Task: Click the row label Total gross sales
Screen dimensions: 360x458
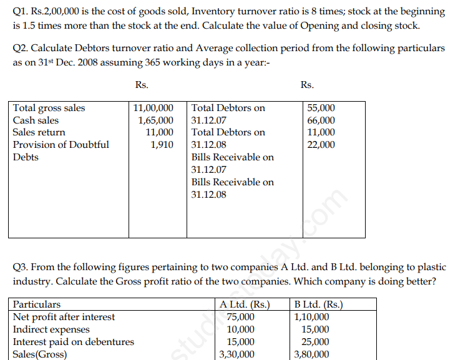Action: point(49,108)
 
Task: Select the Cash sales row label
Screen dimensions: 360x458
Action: point(36,120)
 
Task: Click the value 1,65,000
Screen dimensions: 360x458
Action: point(156,120)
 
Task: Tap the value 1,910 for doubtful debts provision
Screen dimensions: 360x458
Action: point(162,145)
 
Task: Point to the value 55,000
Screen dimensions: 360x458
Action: point(321,108)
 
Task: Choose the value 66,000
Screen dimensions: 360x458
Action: point(321,120)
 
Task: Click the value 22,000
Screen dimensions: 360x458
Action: point(321,145)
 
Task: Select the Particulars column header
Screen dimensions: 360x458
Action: point(37,304)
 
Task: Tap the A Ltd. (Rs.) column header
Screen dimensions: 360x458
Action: point(245,305)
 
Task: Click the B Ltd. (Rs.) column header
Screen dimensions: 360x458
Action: point(319,305)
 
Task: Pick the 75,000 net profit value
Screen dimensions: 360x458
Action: point(240,317)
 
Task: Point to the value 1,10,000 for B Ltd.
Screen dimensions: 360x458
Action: point(313,317)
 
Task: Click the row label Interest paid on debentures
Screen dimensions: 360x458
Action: point(73,342)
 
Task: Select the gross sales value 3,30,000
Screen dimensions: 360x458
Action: point(237,354)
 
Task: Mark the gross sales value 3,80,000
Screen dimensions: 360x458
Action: point(312,354)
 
